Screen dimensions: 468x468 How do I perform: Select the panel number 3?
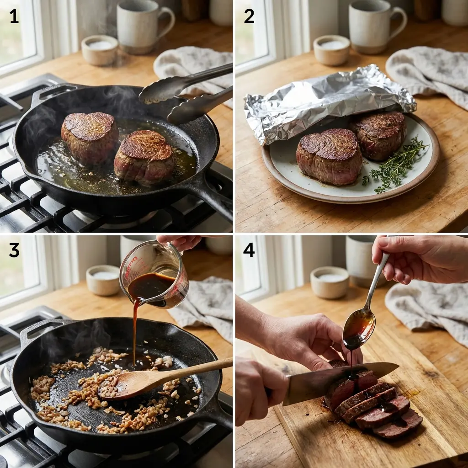(x=14, y=250)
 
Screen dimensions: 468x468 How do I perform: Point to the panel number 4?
(x=249, y=250)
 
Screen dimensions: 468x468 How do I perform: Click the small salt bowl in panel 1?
(x=100, y=49)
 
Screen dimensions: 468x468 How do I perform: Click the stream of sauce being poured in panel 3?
(x=135, y=329)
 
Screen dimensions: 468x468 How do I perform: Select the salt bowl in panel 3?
(x=103, y=280)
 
